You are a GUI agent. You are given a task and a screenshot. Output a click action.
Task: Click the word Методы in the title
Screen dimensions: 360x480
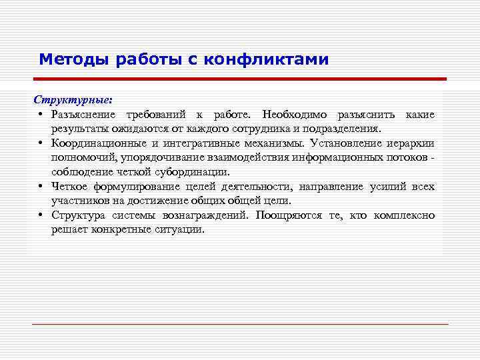coord(75,60)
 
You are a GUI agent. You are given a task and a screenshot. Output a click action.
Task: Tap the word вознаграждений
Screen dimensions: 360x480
coord(204,215)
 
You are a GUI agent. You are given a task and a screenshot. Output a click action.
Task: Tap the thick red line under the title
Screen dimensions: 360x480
coord(240,79)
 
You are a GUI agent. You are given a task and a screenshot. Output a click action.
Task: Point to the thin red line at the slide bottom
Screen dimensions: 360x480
coord(240,324)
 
